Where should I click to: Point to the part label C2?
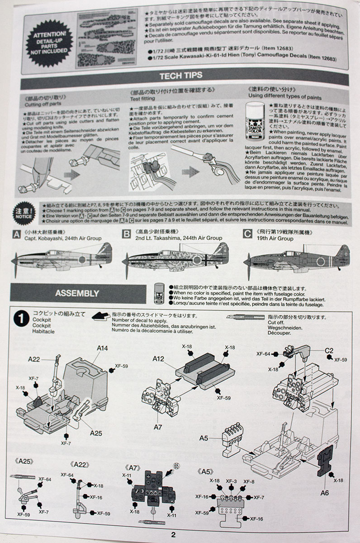(329, 350)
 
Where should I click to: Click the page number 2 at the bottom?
(173, 534)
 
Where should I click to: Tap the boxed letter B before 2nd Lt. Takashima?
(127, 234)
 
